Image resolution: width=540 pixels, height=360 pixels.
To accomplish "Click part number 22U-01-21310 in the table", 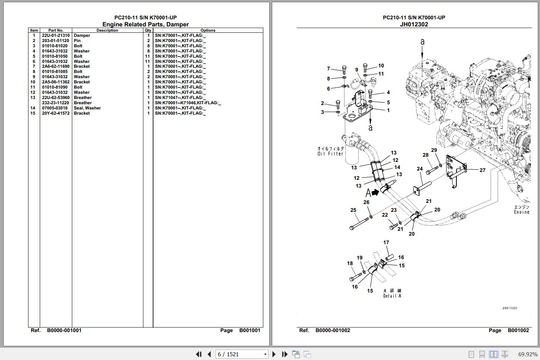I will [55, 36].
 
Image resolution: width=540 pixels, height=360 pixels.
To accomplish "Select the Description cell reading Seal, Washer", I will [87, 108].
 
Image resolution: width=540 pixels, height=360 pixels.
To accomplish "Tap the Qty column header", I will [148, 31].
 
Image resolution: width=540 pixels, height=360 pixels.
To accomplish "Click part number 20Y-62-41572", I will [55, 114].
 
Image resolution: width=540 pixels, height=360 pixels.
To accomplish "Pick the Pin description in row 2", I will [77, 41].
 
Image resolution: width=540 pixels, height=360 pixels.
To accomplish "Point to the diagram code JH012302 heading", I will [414, 25].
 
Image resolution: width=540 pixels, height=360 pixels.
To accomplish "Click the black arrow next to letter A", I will [375, 192].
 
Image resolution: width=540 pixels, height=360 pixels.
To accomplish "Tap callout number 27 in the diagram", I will [482, 171].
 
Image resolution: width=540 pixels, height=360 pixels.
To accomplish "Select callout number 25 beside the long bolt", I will [353, 210].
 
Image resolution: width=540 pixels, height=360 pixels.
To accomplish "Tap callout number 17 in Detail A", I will [386, 243].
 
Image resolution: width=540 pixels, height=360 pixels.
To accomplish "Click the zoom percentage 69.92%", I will [527, 354].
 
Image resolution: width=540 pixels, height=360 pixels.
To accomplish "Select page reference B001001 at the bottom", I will [250, 331].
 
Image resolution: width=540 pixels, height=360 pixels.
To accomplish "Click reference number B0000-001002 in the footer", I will [333, 331].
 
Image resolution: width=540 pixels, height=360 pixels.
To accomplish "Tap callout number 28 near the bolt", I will [425, 155].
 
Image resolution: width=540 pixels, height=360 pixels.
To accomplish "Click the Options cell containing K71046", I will [188, 103].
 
